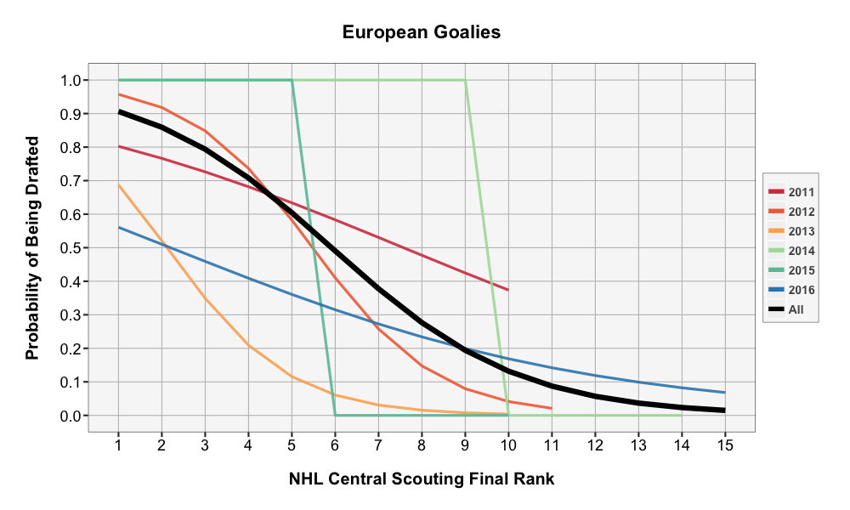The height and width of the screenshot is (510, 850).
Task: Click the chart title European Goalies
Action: pos(422,33)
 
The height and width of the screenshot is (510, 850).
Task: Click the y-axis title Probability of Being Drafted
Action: pos(33,247)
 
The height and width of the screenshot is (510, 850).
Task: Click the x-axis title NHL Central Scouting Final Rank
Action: pos(422,479)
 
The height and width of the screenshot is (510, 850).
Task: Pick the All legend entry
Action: pos(790,309)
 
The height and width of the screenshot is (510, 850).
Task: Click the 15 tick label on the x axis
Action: pos(724,443)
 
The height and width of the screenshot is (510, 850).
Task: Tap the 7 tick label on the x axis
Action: pos(378,443)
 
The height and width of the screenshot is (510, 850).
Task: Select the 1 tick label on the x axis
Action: pos(118,443)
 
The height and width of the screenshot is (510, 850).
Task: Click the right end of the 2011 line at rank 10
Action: pos(508,290)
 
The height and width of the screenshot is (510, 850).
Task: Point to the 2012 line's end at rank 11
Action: pos(552,409)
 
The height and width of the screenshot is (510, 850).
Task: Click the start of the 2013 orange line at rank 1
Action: pos(119,185)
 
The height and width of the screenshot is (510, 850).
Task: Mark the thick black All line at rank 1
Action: pos(119,111)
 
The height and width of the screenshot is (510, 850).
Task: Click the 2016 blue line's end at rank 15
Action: pos(724,393)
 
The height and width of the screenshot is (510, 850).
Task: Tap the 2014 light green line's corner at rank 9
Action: pos(465,81)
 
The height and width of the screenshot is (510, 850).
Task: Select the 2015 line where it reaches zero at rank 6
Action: pos(335,415)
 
